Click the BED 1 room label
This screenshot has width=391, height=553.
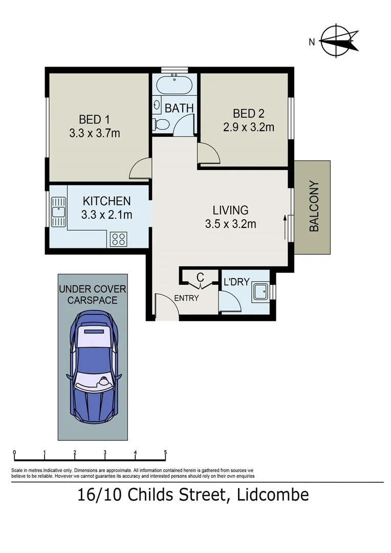click(94, 119)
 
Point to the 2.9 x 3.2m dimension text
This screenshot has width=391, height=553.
click(248, 127)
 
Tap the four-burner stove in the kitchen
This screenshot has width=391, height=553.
click(119, 239)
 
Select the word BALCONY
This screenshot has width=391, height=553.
click(314, 206)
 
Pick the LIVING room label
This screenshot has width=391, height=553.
click(231, 210)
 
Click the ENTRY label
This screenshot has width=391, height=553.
click(186, 298)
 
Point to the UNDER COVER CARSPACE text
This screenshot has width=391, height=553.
click(93, 294)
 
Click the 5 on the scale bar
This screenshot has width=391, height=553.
click(165, 453)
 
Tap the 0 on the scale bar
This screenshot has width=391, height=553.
click(14, 453)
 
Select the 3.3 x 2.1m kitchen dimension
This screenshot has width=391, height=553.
click(106, 215)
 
